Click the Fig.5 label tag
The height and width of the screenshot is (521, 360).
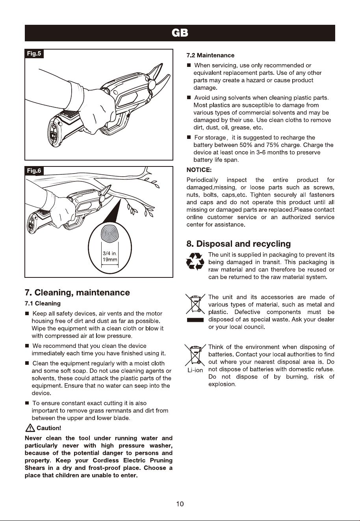pos(34,54)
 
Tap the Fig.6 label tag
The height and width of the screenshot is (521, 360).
pos(34,171)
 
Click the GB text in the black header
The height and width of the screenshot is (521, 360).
pos(180,33)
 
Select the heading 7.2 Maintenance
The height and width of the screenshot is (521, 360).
pos(210,55)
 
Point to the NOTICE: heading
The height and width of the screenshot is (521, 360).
pos(199,170)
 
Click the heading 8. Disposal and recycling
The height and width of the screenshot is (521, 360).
pos(238,244)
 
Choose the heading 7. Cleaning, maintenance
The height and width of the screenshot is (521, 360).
pos(77,292)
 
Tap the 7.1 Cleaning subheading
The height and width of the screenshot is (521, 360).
pos(43,303)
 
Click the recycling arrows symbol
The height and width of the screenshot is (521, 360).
pos(195,261)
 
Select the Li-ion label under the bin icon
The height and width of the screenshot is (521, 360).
pos(195,370)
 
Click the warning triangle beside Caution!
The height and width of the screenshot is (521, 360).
pos(30,428)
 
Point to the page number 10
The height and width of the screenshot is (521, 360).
pos(180,504)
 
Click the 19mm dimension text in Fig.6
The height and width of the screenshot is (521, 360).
pos(110,260)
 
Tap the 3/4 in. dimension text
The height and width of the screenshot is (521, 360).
pos(109,253)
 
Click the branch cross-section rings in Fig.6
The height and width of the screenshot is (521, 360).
pos(109,234)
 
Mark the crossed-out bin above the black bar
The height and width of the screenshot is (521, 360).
pos(195,304)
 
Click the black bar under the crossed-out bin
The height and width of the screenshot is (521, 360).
pos(195,320)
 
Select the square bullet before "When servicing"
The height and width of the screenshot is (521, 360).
pos(189,65)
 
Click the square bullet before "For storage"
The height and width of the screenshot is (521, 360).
pos(189,137)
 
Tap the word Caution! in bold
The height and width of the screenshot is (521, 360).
pos(49,428)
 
